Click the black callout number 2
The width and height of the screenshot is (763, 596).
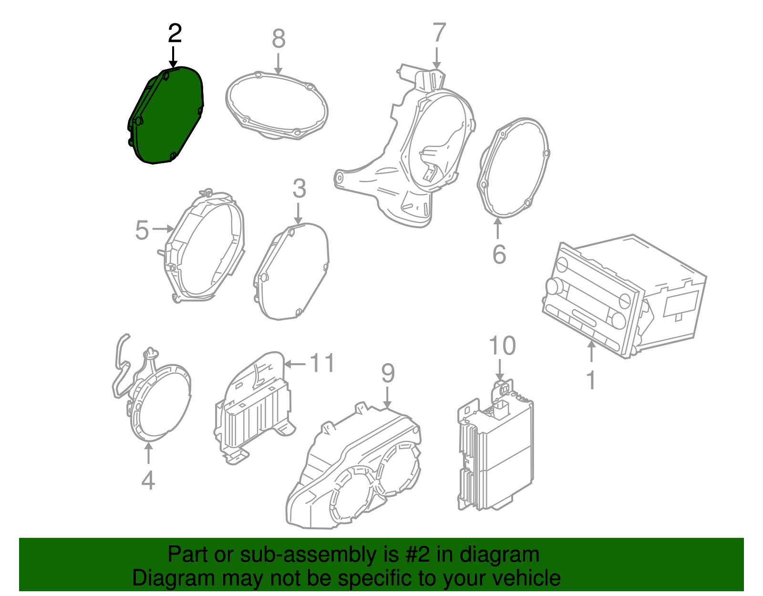[x=175, y=33]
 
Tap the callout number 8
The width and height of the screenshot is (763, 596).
[x=278, y=39]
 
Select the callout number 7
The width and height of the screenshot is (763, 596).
[x=439, y=32]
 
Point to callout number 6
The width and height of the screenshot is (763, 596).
[x=499, y=254]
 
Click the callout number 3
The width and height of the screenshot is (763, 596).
[x=299, y=188]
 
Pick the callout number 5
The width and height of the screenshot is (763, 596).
[x=142, y=230]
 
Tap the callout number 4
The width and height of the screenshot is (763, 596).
[x=148, y=480]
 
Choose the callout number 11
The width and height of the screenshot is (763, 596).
[x=323, y=363]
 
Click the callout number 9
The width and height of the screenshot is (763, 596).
[x=388, y=373]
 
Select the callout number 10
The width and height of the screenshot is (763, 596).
[x=502, y=345]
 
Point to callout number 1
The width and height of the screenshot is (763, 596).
[x=591, y=380]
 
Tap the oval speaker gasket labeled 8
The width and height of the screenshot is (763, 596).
[x=277, y=106]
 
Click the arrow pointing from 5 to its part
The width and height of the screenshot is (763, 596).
[x=164, y=229]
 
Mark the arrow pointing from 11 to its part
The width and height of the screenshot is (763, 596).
[x=294, y=364]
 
